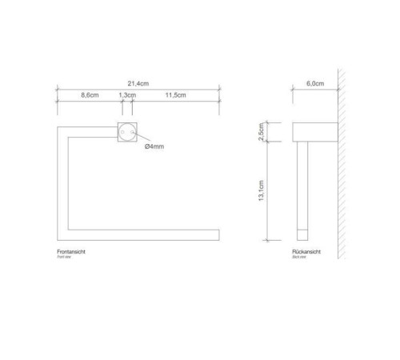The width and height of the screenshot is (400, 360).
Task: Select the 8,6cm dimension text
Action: (89, 96)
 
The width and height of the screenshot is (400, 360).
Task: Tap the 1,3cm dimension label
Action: (126, 96)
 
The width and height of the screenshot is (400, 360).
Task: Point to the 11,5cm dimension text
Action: (175, 96)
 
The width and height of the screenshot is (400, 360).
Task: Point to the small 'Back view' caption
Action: (301, 258)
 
